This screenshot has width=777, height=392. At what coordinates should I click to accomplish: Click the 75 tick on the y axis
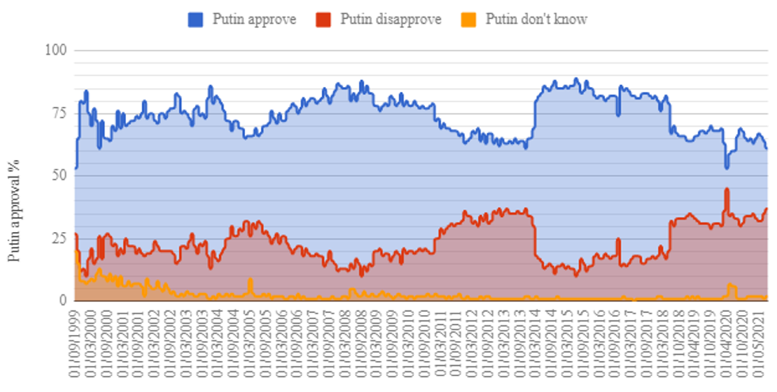(59, 113)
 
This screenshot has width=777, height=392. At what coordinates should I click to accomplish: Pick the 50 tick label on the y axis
(59, 176)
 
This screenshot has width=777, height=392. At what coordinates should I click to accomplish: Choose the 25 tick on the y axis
(59, 238)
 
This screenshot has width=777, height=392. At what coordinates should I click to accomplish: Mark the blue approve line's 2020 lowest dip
(726, 167)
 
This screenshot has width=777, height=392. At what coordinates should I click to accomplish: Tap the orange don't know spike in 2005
(250, 280)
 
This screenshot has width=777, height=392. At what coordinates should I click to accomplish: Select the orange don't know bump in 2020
(730, 284)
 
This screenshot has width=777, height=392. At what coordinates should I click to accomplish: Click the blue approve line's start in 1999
(75, 167)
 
